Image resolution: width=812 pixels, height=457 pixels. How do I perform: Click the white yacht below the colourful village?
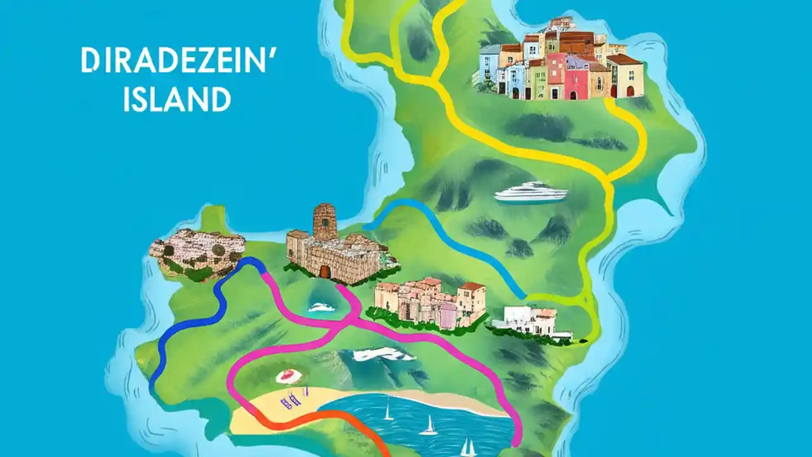pyautogui.click(x=530, y=192)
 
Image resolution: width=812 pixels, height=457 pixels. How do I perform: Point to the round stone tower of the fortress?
pyautogui.click(x=325, y=222)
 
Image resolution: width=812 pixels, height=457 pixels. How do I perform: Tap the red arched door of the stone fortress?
pyautogui.click(x=325, y=272)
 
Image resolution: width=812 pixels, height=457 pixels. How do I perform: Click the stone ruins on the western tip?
pyautogui.click(x=197, y=253)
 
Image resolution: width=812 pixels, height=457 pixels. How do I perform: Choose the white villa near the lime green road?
pyautogui.click(x=530, y=321)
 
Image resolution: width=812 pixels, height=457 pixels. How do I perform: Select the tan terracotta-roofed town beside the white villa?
pyautogui.click(x=431, y=301)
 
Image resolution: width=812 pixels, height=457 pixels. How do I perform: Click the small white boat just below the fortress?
pyautogui.click(x=321, y=308)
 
